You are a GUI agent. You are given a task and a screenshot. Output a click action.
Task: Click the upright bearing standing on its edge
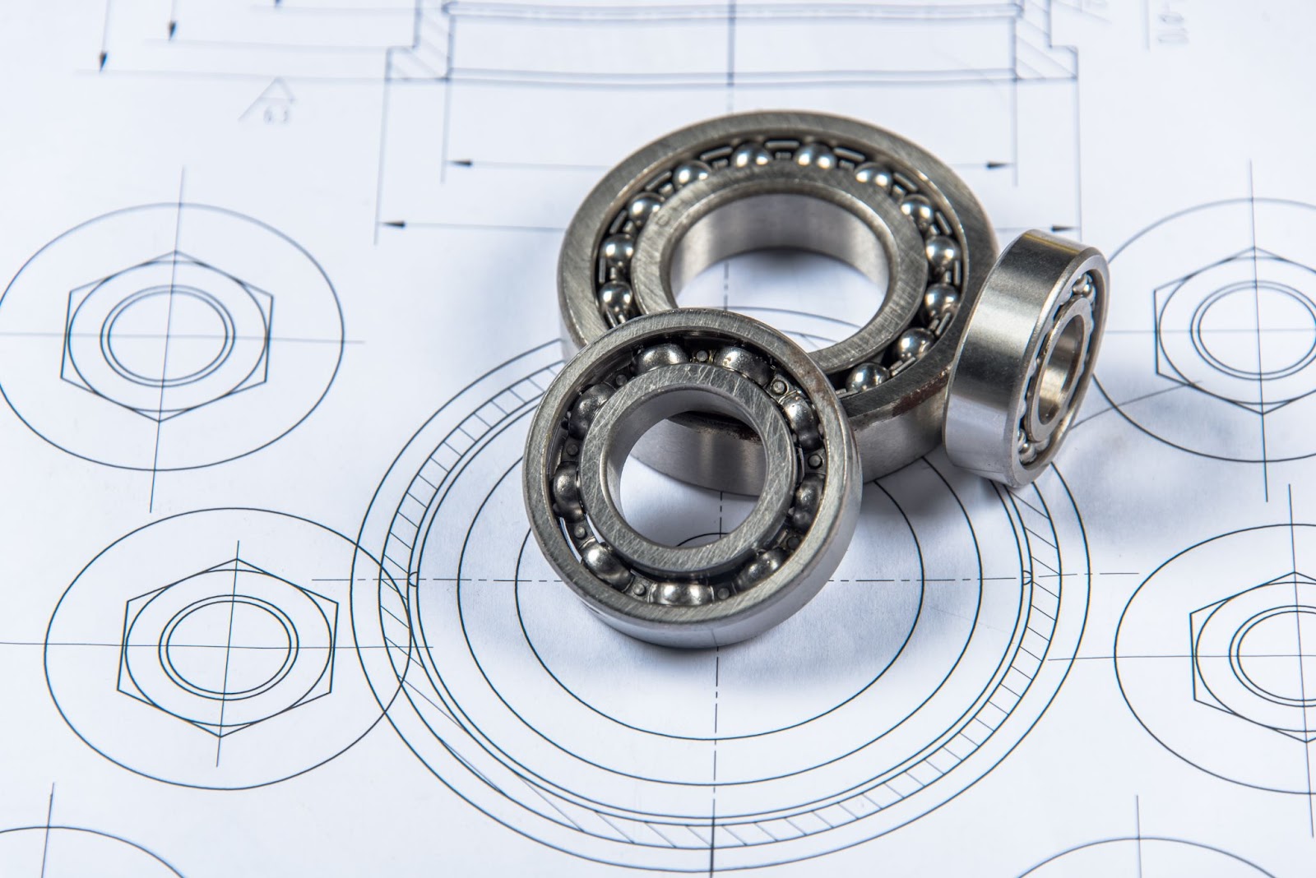click(1024, 358)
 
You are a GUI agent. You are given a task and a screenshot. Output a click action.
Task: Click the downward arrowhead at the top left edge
click(102, 62)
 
